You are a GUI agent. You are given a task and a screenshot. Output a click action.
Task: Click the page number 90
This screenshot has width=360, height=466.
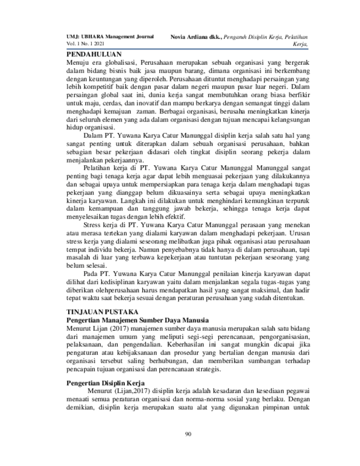187,435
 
